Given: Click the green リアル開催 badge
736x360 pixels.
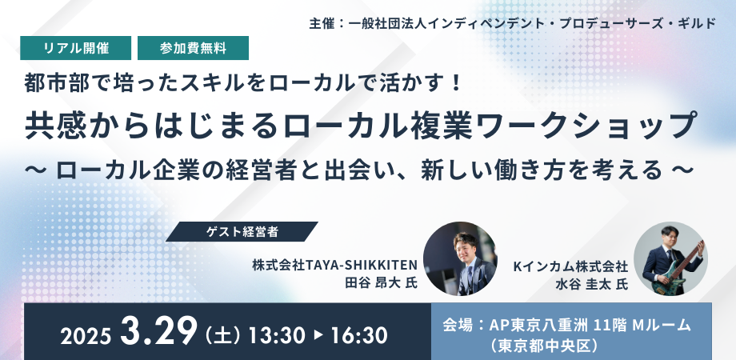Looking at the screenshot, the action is (x=75, y=48).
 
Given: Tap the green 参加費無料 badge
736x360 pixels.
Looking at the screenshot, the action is (x=193, y=48).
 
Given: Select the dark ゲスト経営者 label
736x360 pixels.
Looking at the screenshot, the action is (x=242, y=231).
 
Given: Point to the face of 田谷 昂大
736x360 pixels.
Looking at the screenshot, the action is (x=465, y=246).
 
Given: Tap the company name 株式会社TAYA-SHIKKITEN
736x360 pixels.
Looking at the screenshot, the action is (x=334, y=266).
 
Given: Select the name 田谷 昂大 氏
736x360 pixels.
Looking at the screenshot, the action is (x=381, y=283).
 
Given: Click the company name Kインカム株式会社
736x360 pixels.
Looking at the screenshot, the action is (x=570, y=266).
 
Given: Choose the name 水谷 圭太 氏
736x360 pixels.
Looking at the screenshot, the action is (x=591, y=284).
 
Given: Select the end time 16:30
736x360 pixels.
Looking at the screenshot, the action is (x=359, y=335).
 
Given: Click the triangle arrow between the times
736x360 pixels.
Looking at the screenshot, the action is (x=318, y=335).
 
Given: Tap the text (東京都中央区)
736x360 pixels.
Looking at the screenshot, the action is (x=545, y=346).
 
